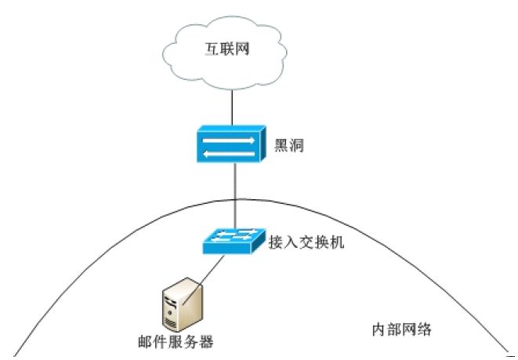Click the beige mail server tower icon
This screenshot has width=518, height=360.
178,307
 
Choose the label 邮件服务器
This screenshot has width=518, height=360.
175,342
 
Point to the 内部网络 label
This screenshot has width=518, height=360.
400,329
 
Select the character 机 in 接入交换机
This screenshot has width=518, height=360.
338,242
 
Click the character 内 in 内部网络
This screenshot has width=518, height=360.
376,329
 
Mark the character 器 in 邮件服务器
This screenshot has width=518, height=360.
206,342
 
